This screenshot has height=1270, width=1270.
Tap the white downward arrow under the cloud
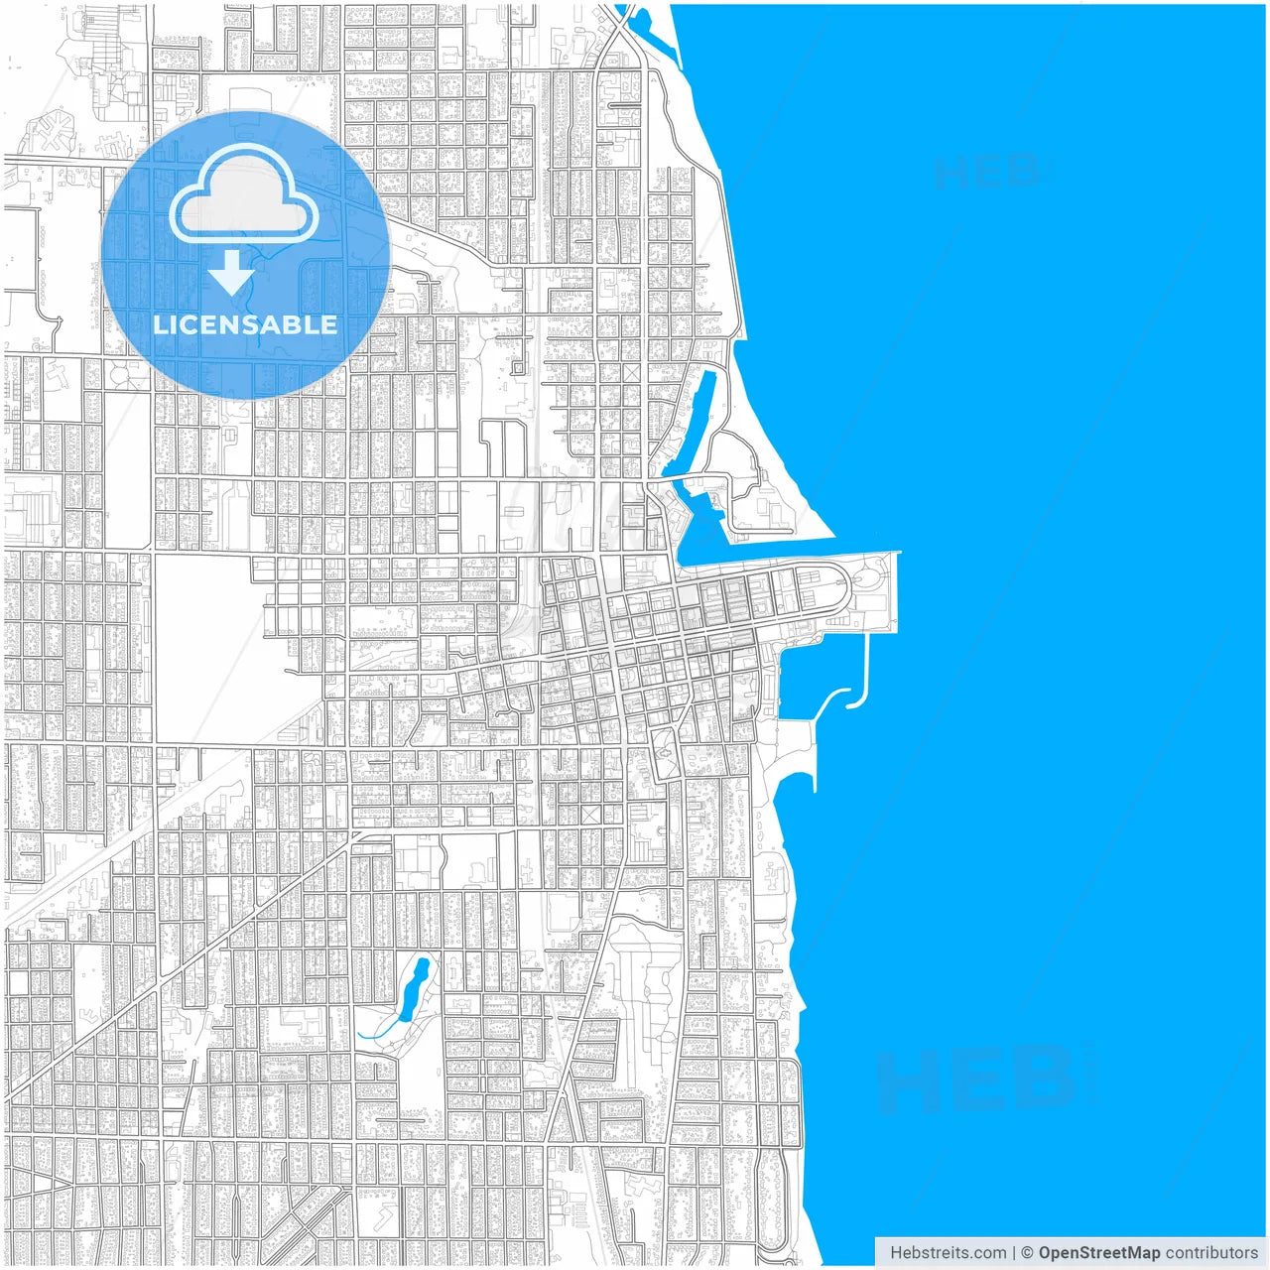231,273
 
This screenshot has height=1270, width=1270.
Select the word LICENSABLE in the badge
245,324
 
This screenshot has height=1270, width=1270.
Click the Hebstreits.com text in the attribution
948,1252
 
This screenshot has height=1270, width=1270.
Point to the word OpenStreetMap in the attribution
1098,1252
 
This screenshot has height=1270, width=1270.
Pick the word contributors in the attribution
1211,1252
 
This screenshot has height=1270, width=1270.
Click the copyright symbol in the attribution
1027,1252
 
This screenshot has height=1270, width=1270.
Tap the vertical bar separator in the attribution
1013,1252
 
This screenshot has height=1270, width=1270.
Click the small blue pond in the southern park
414,987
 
